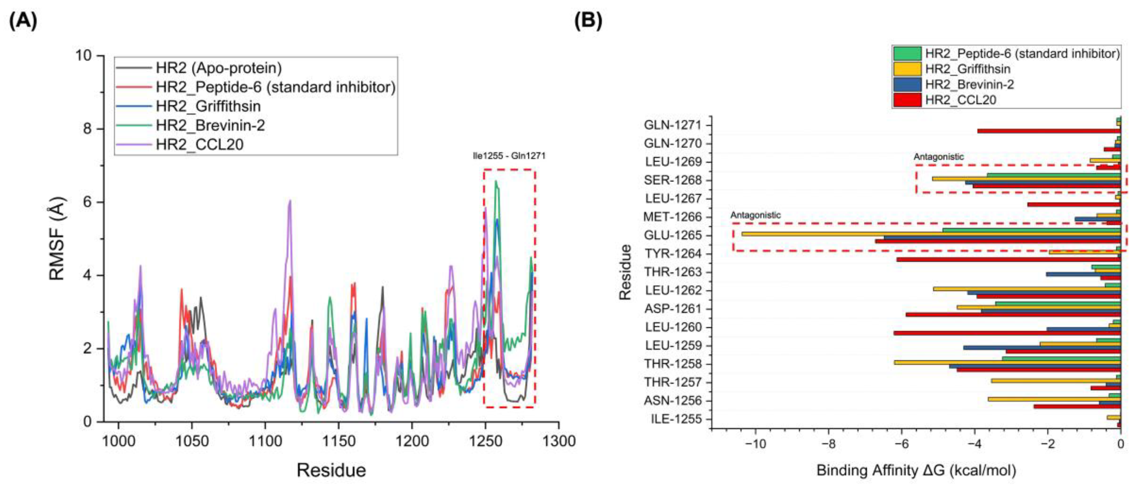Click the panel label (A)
point(23,21)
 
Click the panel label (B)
point(588,21)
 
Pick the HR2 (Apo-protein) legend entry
point(218,68)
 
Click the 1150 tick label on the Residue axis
point(338,441)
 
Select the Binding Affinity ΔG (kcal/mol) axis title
point(916,470)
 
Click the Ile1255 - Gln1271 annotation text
point(509,156)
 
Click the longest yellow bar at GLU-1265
point(930,234)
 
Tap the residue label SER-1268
point(673,180)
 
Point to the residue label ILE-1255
point(676,419)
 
